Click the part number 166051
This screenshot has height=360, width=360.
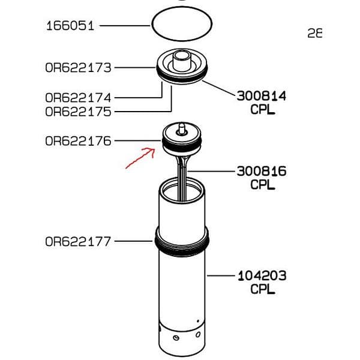(70, 26)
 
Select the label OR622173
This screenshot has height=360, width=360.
(78, 68)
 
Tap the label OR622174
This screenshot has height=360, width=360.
(78, 97)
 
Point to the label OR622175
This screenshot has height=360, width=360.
(78, 112)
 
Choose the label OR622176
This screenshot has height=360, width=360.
(78, 142)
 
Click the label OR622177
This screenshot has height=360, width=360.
(78, 242)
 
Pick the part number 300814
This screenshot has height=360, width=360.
(261, 96)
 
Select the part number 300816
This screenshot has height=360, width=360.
(261, 171)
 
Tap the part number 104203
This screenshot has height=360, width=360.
(261, 276)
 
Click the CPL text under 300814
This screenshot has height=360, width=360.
(262, 110)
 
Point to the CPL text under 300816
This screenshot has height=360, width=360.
(262, 185)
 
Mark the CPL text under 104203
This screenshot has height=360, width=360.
(262, 290)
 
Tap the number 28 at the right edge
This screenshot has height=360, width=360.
(314, 34)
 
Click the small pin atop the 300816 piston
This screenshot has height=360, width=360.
(181, 127)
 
